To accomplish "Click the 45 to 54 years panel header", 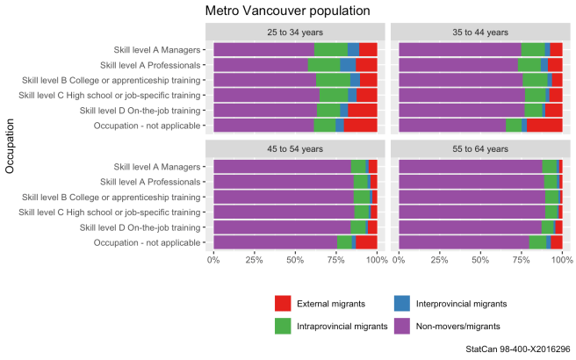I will coord(295,148).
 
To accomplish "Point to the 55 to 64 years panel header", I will coord(480,148).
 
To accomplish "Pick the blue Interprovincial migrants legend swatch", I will coord(404,304).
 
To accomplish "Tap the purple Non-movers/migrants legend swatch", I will coord(404,326).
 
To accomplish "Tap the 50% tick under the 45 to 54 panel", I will coord(295,260).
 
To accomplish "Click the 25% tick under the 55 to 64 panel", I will coord(440,260).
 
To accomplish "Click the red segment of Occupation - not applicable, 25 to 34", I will coord(360,126).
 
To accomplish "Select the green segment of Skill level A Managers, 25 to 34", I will coord(330,49).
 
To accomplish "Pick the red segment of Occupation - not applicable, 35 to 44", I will coord(544,126).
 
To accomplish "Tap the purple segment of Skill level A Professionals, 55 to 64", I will coord(471,181).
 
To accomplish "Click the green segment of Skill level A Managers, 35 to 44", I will coord(532,49).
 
